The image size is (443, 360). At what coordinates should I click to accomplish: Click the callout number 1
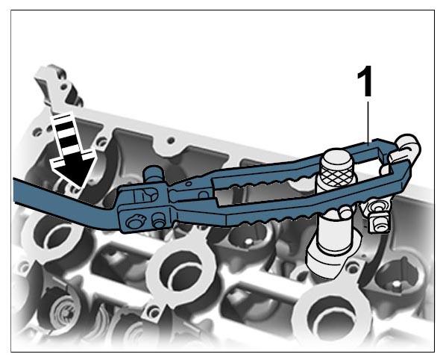coord(365,81)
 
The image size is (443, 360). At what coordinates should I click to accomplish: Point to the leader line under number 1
coord(368,122)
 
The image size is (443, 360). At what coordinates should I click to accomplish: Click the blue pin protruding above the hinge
coord(154,175)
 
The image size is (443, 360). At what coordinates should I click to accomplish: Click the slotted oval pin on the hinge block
coord(135,221)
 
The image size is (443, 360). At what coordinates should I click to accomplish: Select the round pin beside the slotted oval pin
coord(159,220)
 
